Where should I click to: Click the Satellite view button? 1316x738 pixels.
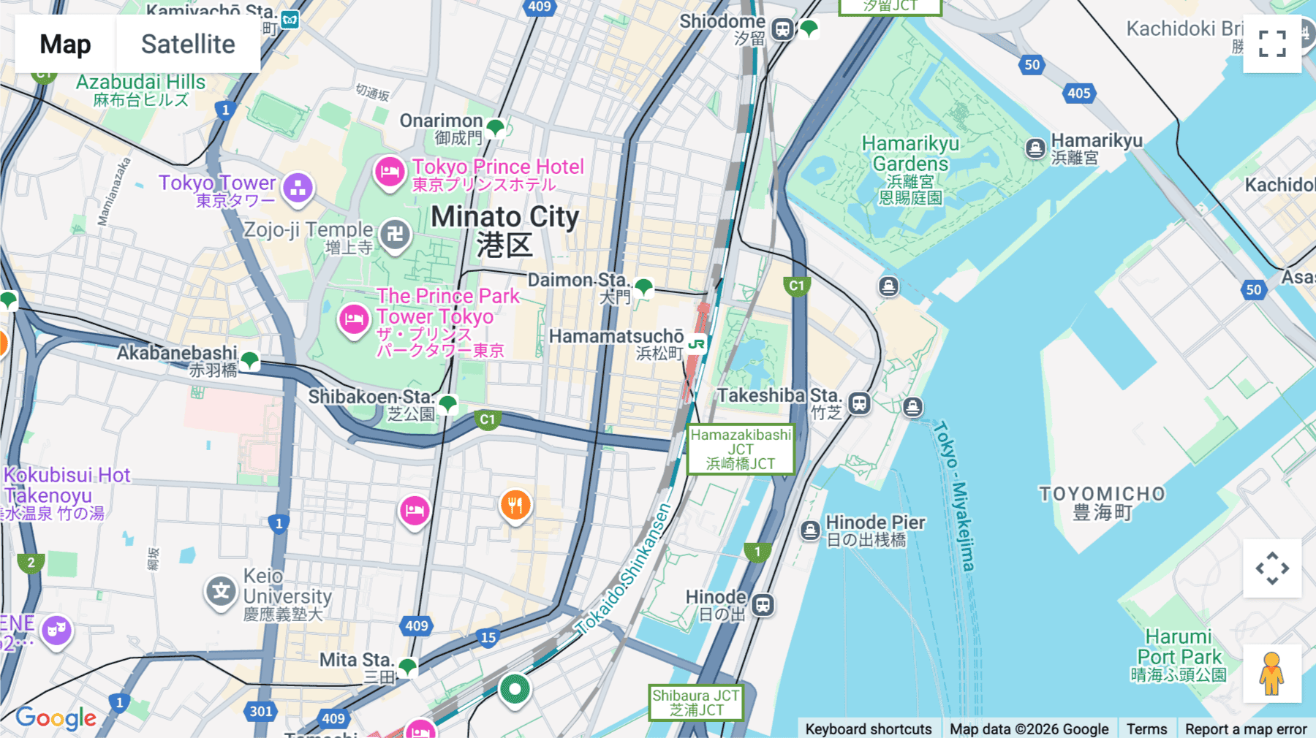[188, 44]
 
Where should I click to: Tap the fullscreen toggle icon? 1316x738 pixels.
[1272, 44]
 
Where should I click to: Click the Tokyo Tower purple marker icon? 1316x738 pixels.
[298, 188]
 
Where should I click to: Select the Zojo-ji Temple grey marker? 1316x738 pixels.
[396, 235]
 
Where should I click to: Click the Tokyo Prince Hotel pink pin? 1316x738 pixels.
[390, 172]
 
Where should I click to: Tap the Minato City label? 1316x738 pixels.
[504, 229]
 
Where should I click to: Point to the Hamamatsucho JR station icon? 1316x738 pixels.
[696, 343]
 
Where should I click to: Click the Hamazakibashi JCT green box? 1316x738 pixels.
[741, 449]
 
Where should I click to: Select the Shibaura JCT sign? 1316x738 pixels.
[696, 702]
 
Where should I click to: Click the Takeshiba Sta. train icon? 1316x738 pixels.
[859, 403]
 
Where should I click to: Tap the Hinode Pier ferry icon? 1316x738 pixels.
[810, 530]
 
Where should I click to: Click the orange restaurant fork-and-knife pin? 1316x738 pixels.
[515, 505]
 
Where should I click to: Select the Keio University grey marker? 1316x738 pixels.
[221, 591]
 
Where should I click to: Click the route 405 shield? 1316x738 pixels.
[1078, 93]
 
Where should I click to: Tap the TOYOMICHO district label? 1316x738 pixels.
[1103, 502]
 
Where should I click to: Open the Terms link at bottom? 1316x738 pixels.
[1146, 729]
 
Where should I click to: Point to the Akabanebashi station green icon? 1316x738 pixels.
[249, 360]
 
